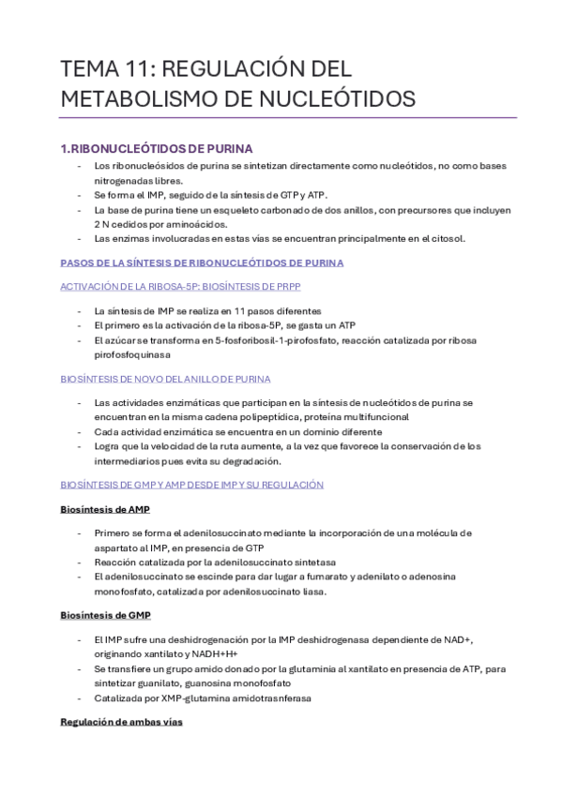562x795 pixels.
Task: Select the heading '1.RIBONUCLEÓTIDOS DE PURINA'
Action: coord(156,148)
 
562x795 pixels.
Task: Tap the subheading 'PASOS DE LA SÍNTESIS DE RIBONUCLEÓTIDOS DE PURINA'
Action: coord(202,262)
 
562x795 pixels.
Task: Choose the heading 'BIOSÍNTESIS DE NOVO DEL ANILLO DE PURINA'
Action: coord(165,379)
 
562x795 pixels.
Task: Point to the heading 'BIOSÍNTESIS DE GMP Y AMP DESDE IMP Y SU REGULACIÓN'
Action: coord(191,485)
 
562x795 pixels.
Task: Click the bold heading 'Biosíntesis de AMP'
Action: coord(105,509)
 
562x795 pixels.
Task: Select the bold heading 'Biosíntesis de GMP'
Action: coord(105,615)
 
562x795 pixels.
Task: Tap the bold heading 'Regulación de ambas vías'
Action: coord(121,722)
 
